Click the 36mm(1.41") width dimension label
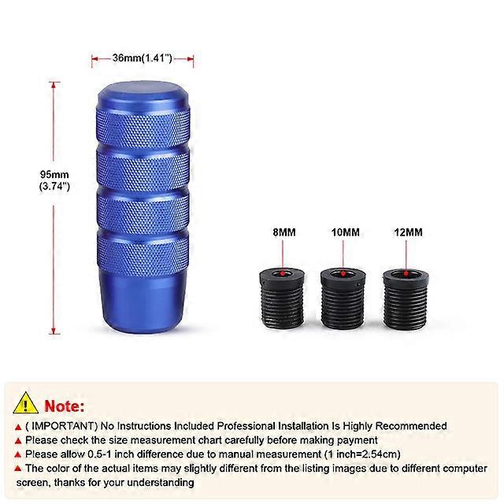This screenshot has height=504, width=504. pyautogui.click(x=142, y=58)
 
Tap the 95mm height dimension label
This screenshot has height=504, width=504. pyautogui.click(x=54, y=180)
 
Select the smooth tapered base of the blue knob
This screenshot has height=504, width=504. pyautogui.click(x=143, y=302)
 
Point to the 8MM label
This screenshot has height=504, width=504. pyautogui.click(x=283, y=232)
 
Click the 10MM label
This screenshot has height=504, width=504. pyautogui.click(x=346, y=232)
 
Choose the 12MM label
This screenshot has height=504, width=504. pyautogui.click(x=408, y=232)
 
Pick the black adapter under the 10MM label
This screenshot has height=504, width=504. pyautogui.click(x=343, y=298)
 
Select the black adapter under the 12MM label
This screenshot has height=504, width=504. pyautogui.click(x=406, y=298)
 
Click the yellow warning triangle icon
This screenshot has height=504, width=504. pyautogui.click(x=25, y=403)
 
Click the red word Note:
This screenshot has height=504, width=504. pyautogui.click(x=65, y=406)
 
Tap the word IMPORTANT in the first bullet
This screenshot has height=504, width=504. pyautogui.click(x=61, y=426)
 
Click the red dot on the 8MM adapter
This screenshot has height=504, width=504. pyautogui.click(x=283, y=273)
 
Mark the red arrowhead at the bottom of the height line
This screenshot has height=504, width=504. pyautogui.click(x=54, y=332)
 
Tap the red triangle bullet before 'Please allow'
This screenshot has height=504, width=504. pyautogui.click(x=18, y=454)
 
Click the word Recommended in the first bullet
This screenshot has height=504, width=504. pyautogui.click(x=411, y=426)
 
